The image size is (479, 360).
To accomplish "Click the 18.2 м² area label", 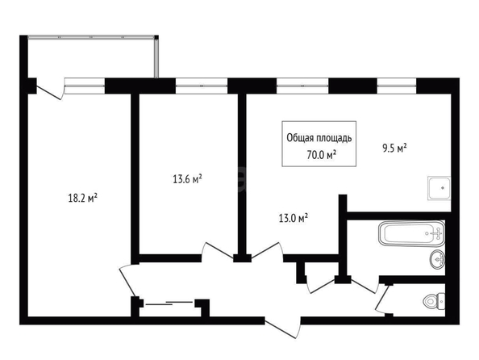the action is (x=82, y=198).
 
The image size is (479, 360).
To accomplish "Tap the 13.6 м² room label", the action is (x=187, y=178).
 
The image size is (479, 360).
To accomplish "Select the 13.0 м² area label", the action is (x=293, y=218).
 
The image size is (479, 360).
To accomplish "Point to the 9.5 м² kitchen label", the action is (x=394, y=149).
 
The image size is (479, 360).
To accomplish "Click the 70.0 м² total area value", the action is (x=322, y=155).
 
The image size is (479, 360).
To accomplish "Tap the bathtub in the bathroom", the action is (x=411, y=233).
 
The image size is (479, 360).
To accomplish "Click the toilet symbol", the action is (x=434, y=300).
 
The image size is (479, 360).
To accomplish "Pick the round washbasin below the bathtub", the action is (x=437, y=259).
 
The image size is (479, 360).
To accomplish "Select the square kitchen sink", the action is (x=439, y=188).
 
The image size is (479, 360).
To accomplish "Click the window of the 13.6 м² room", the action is (x=202, y=86).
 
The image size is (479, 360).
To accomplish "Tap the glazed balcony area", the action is (x=92, y=57).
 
